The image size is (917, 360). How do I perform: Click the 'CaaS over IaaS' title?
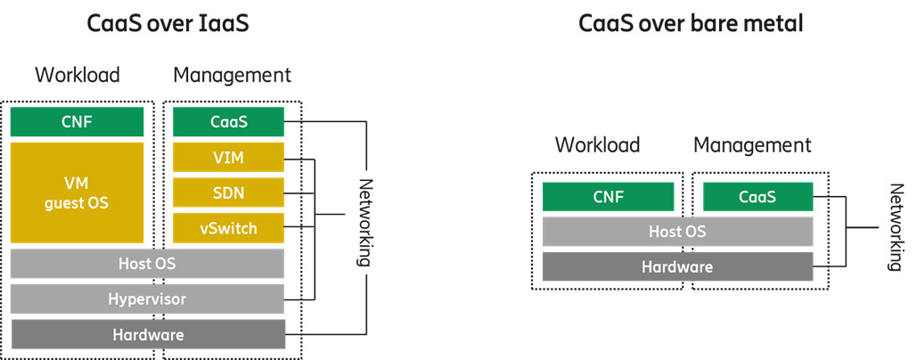[168, 24]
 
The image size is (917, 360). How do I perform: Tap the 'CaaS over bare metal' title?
[691, 24]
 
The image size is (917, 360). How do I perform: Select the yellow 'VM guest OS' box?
[77, 192]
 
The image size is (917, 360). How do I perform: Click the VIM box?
[228, 158]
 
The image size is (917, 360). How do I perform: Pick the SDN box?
[228, 192]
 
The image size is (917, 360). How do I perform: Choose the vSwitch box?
[228, 228]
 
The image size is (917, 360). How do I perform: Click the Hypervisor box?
[147, 299]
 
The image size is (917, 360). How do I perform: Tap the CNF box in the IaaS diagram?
[77, 122]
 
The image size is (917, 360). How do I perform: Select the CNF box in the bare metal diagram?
[608, 197]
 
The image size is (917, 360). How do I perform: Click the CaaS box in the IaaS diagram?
[228, 122]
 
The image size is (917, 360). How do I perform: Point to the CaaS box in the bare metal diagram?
[757, 197]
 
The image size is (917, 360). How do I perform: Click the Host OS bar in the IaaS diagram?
[147, 264]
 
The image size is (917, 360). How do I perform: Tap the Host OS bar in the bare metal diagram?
[677, 232]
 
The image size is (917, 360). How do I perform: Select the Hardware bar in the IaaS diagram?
[147, 335]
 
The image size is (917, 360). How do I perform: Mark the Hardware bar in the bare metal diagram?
[677, 266]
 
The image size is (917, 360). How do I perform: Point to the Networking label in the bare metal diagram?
[896, 227]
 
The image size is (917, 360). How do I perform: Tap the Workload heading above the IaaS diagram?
[77, 75]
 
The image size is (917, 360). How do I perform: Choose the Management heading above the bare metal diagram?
[752, 144]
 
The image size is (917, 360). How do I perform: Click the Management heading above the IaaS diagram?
[232, 75]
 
